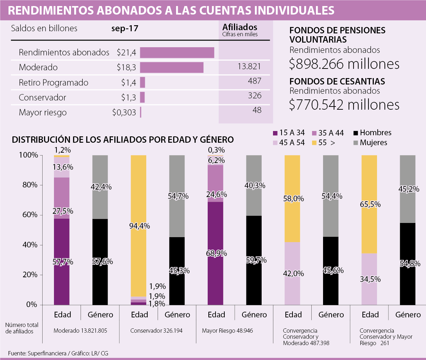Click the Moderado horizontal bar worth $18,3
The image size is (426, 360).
point(171,67)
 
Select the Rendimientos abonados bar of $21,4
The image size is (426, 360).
point(177,53)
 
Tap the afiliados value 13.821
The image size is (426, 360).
point(249,66)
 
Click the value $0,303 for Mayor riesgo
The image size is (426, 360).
point(124,113)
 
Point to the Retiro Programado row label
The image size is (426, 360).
point(54,83)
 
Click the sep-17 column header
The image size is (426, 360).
point(125,29)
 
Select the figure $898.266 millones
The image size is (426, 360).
point(344,64)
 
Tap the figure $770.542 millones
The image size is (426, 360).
point(344,105)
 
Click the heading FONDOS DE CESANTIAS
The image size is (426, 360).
point(337,81)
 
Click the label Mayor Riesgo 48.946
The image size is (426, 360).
point(228,331)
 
